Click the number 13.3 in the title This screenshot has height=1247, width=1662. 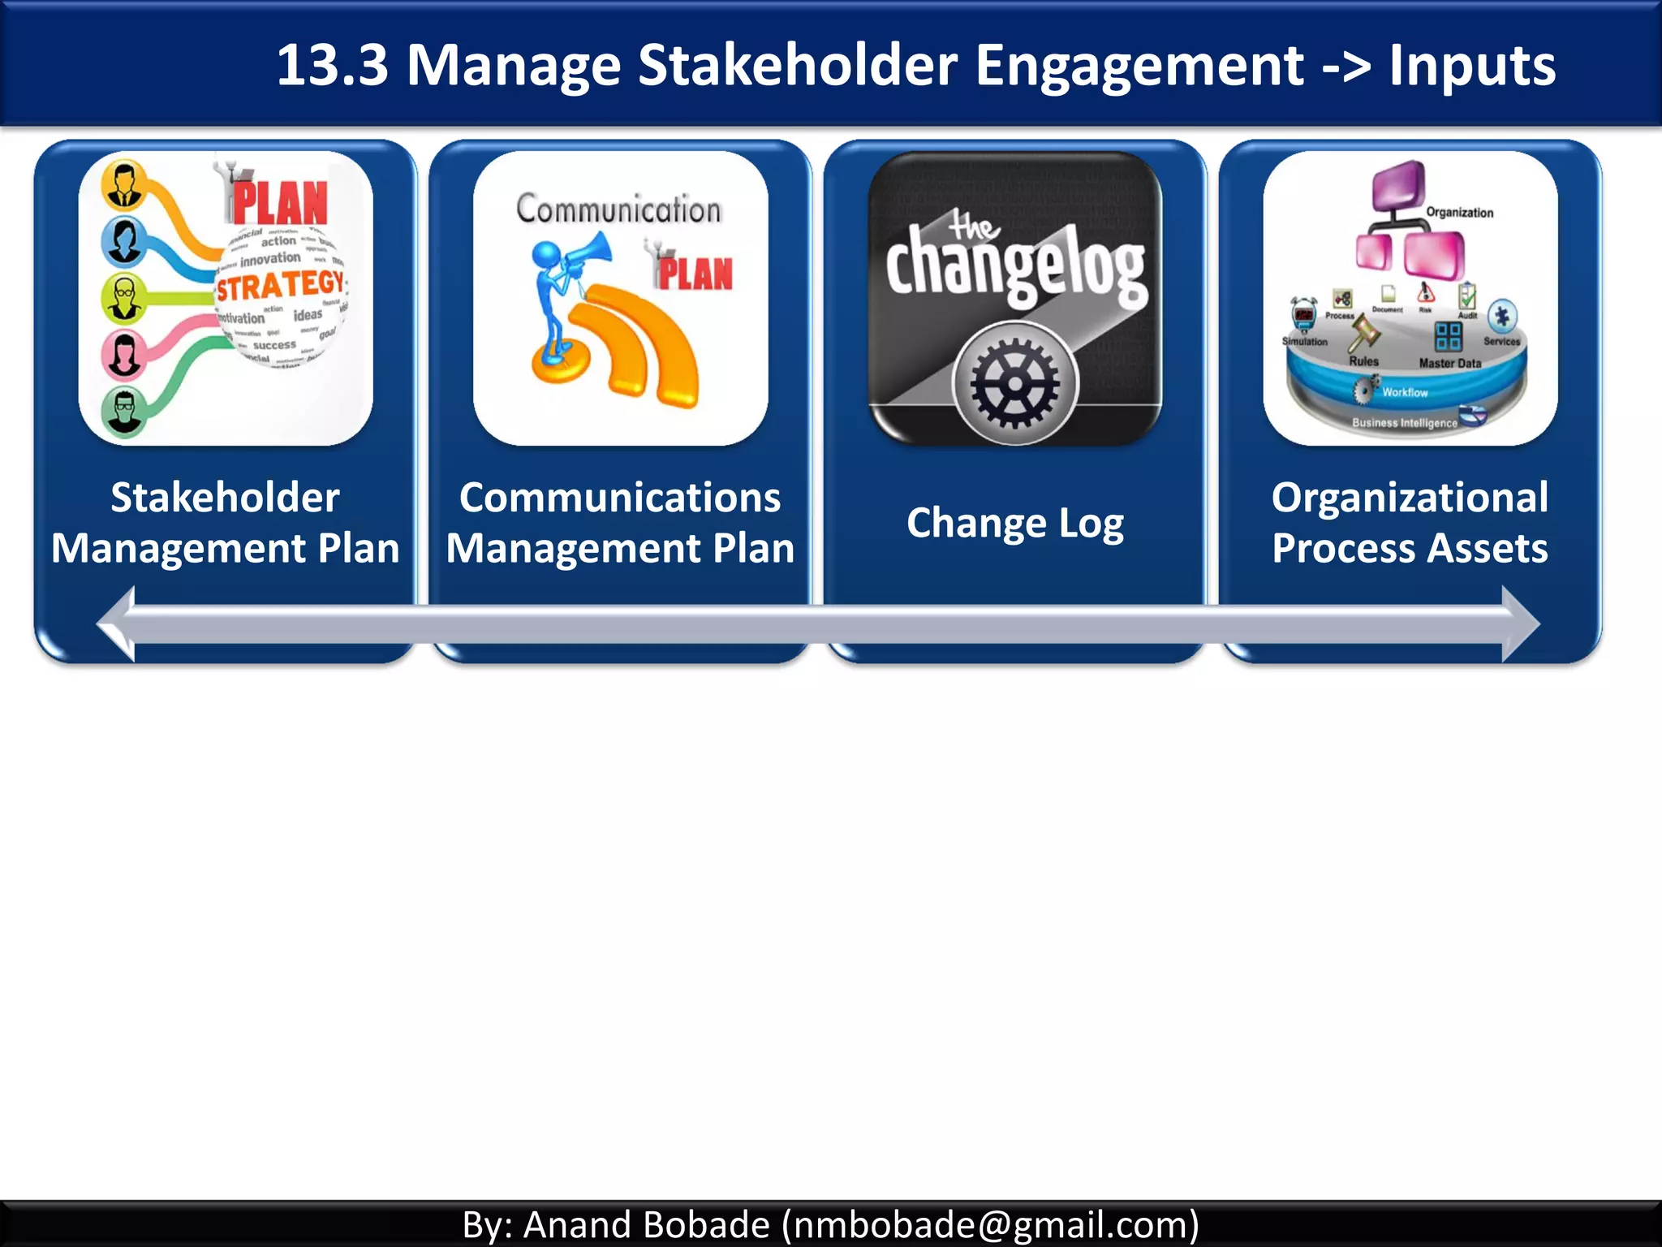(x=332, y=65)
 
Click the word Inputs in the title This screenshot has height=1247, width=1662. (x=1472, y=65)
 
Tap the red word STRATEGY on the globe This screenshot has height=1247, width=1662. (x=280, y=286)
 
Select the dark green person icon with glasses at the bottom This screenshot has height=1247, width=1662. (x=124, y=410)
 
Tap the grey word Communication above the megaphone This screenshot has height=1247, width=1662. (x=618, y=209)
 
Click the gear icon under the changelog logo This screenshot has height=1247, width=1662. (x=1015, y=383)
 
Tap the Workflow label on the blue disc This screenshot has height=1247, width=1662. (x=1405, y=393)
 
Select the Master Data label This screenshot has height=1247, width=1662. (x=1450, y=364)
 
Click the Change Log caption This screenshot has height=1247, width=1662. (x=1015, y=523)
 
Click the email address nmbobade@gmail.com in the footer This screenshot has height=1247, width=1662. (x=989, y=1224)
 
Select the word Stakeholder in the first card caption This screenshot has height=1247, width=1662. (x=225, y=497)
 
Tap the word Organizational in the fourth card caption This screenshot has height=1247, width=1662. (x=1410, y=497)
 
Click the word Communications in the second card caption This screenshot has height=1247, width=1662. (x=620, y=497)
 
